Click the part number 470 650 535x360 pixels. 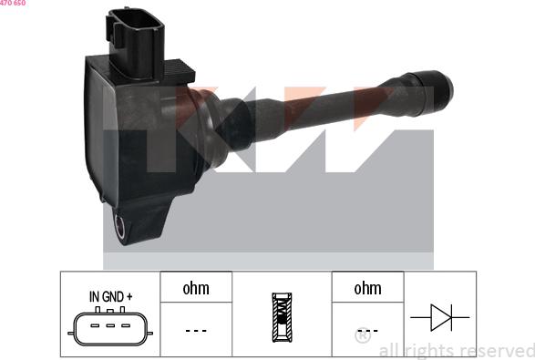13,4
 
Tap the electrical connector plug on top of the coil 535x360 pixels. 138,36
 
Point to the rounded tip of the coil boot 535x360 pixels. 444,87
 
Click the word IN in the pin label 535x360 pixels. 94,296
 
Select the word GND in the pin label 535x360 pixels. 113,296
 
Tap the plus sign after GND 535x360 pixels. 129,296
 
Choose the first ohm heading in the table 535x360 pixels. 196,289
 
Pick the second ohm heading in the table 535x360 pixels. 367,289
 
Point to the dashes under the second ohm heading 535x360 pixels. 367,330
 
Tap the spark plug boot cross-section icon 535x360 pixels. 282,316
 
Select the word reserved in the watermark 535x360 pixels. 498,350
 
